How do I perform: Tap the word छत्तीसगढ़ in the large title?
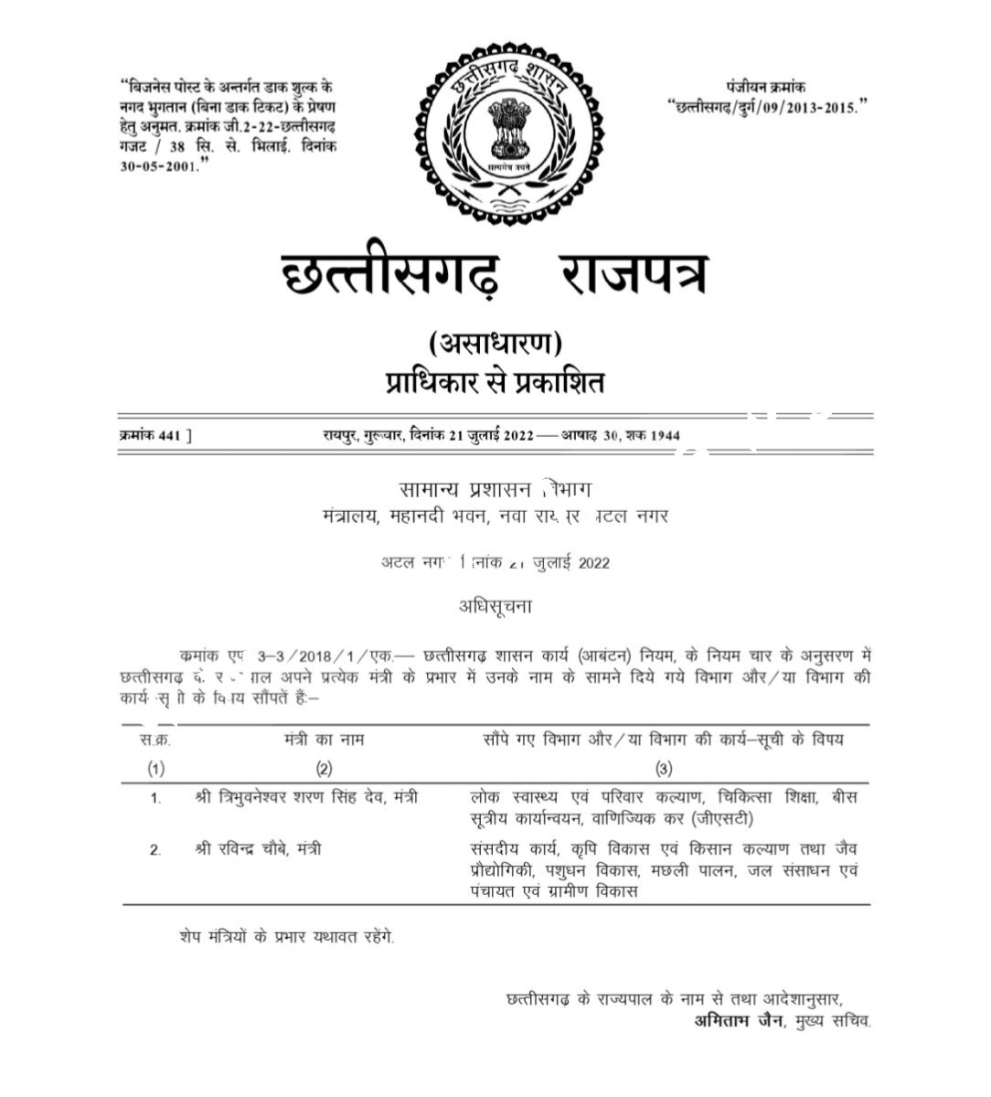pos(390,272)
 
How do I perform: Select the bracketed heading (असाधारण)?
pos(495,343)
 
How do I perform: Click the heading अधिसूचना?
pos(495,605)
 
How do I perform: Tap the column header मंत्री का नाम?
pos(324,740)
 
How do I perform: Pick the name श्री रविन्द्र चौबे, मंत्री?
pos(258,849)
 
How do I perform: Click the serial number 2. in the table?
pos(155,850)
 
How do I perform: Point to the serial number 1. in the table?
pos(155,798)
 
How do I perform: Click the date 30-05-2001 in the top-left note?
pos(158,166)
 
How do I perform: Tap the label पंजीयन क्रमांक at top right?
pos(766,87)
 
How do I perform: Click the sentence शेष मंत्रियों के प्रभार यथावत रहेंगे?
pos(287,937)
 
